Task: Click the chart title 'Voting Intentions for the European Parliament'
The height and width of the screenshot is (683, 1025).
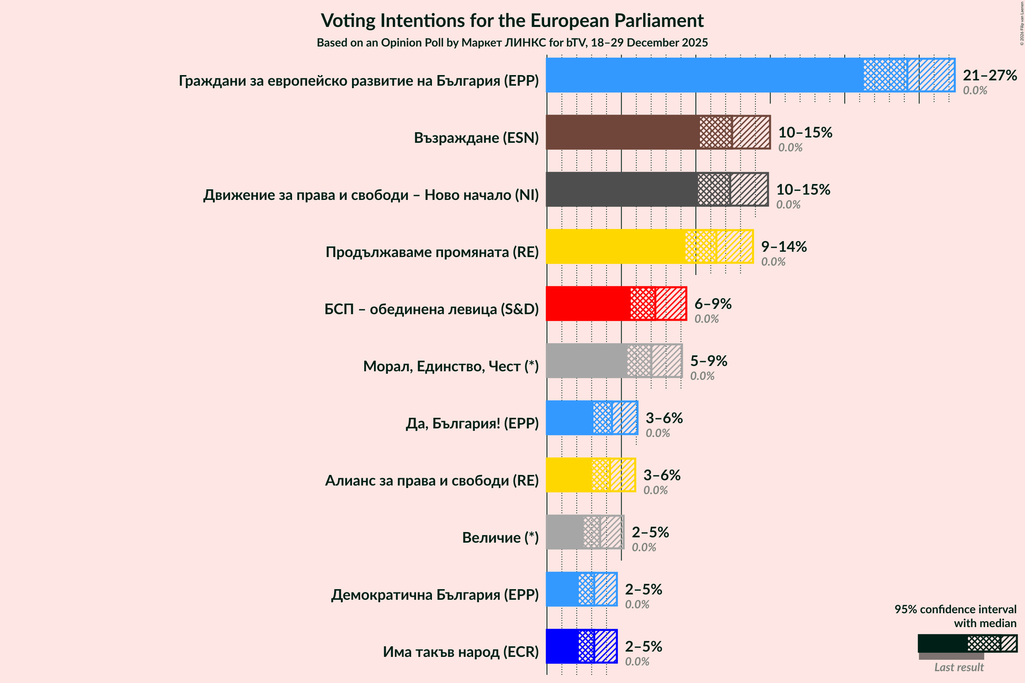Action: coord(512,20)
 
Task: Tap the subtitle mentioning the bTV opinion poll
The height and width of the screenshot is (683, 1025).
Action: coord(512,43)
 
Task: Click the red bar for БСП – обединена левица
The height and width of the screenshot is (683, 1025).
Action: coord(588,304)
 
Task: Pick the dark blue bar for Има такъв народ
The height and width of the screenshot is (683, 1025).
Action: coord(562,646)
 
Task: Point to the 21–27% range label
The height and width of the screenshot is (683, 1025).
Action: coord(989,75)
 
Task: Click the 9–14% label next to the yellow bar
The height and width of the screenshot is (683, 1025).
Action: coord(784,246)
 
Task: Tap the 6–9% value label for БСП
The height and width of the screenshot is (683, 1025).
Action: coord(713,304)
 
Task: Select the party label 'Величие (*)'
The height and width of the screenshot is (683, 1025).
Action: coord(500,537)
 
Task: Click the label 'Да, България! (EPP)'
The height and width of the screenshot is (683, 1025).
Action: coord(472,423)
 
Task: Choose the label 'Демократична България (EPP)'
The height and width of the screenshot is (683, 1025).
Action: coord(434,594)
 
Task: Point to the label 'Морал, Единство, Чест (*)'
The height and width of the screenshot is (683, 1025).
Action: coord(451,366)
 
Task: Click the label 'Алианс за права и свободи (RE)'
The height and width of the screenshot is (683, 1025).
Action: coord(432,481)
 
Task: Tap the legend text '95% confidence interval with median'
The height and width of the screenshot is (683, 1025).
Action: coord(955,616)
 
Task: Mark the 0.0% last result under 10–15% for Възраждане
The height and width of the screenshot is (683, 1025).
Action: coord(790,147)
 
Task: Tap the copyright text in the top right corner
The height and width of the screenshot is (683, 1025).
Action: coord(1021,23)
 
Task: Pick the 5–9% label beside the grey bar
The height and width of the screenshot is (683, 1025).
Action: coord(708,361)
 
